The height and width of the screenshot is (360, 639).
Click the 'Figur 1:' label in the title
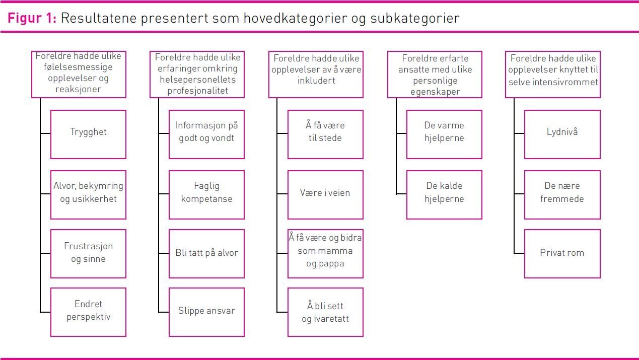pos(32,18)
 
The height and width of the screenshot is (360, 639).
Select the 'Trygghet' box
pos(88,134)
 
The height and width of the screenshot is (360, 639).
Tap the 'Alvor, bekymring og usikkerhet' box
pos(88,195)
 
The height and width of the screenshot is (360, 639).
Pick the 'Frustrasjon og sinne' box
pos(88,254)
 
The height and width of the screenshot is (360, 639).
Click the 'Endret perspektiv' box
pos(88,312)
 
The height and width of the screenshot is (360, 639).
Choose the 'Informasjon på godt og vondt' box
pos(206,134)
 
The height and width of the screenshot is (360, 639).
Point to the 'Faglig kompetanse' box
pos(206,195)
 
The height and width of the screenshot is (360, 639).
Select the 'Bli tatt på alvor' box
pos(206,254)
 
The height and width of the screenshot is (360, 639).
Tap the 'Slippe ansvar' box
pos(206,312)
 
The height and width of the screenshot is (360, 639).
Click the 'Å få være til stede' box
pos(325,134)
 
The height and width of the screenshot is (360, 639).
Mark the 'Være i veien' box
pos(325,195)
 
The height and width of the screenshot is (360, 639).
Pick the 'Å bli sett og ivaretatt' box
pos(325,312)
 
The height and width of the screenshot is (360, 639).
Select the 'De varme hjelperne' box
pos(444,134)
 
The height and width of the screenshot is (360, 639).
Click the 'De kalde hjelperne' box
pos(444,195)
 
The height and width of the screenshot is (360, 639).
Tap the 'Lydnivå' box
pos(562,134)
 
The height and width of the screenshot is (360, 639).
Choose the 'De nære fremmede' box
pos(562,195)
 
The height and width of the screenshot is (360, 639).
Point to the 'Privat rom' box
pos(562,254)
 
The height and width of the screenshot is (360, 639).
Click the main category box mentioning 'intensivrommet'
pos(553,75)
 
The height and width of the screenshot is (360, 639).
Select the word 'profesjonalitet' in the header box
pos(198,91)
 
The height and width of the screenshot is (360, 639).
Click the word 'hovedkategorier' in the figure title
pos(295,18)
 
